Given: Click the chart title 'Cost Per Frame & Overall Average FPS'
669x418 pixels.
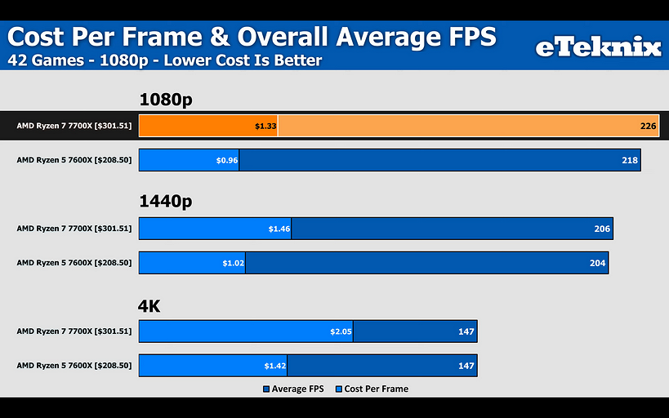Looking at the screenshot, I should click(252, 38).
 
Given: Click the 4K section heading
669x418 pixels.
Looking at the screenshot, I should click(149, 306).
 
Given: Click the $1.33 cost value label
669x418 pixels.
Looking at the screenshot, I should click(265, 126).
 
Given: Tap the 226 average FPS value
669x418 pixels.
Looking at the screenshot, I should click(648, 126).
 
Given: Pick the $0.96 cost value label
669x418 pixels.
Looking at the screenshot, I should click(226, 160).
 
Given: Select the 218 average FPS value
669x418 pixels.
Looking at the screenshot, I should click(629, 160).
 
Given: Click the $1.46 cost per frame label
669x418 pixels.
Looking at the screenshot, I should click(279, 229).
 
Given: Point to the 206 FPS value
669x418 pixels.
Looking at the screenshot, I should click(602, 229).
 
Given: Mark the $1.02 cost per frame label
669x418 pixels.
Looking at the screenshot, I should click(234, 263).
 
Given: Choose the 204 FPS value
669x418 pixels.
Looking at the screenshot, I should click(597, 263).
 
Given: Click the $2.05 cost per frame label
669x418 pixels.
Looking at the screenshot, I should click(341, 331).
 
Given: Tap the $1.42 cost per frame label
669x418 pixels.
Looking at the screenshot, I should click(275, 366).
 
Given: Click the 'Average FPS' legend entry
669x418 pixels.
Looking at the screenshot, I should click(293, 389).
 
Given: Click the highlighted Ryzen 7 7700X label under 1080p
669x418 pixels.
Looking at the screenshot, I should click(74, 126).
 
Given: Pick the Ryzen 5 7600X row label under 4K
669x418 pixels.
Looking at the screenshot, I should click(74, 366).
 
